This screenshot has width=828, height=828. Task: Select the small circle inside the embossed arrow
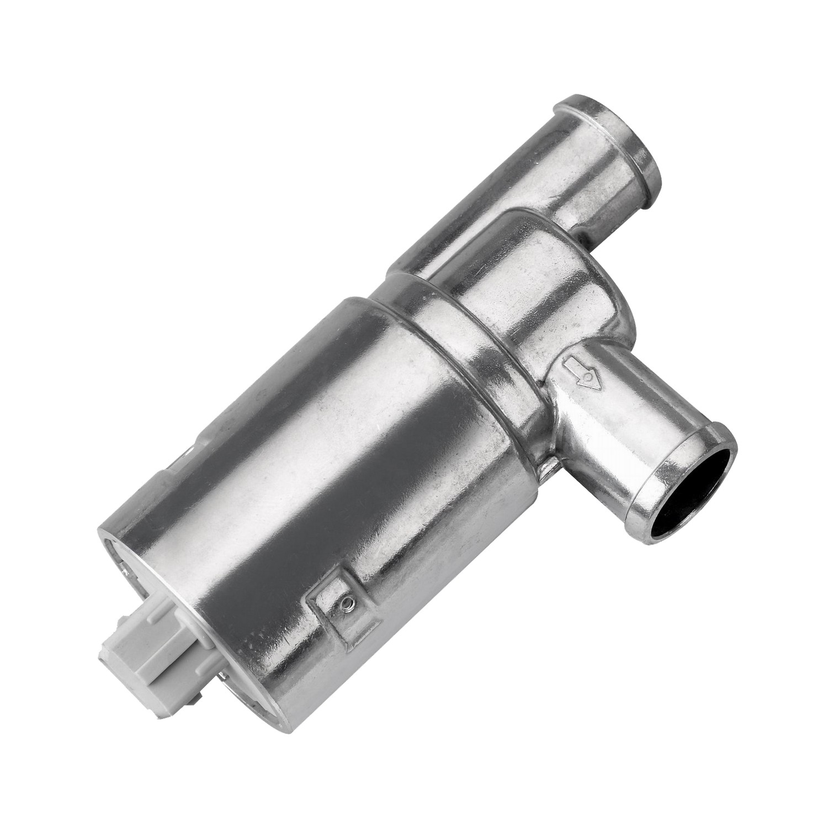tap(590, 379)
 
